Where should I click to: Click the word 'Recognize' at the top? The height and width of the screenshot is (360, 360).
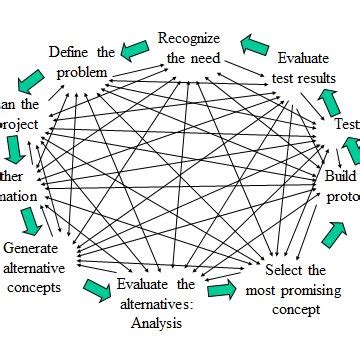tap(189, 39)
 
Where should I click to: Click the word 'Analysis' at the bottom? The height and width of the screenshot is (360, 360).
tap(154, 322)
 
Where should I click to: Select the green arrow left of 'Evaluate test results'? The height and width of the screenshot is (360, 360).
tap(256, 43)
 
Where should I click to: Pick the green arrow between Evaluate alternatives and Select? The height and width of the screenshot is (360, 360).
tap(221, 290)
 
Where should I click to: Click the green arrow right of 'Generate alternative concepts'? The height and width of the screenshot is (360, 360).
tap(96, 288)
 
